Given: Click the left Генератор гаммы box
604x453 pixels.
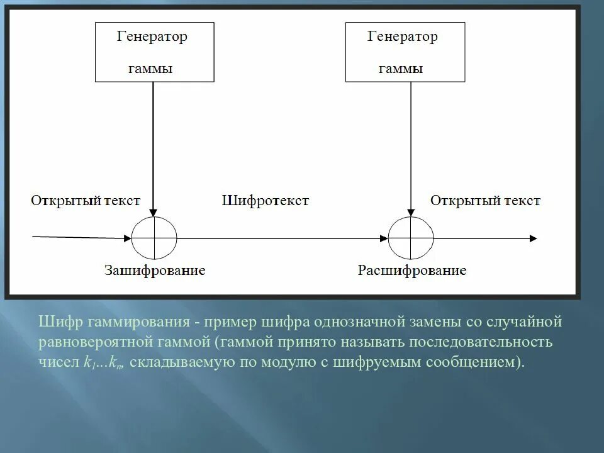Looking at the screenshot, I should point(154,52).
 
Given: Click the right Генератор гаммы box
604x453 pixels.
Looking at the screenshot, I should point(405,52).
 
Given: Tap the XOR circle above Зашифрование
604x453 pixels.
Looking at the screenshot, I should point(154,238).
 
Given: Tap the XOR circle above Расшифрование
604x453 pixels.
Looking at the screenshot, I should point(411,238).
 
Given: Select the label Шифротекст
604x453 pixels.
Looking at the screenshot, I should point(265,201).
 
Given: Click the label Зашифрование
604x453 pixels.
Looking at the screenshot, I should point(155,271).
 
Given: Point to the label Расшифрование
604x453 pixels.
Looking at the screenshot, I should point(412,271).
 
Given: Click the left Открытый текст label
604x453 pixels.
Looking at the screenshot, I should point(86,201).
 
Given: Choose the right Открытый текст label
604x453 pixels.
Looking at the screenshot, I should point(485,201).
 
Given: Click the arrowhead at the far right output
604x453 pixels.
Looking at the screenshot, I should point(534,238).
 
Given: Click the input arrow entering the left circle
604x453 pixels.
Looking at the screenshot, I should point(82,237).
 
